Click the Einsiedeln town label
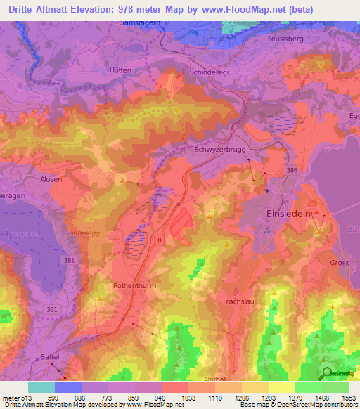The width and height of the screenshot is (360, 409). [287, 214]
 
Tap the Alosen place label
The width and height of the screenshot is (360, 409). [51, 179]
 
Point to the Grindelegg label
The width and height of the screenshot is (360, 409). [79, 232]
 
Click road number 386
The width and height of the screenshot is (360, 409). [290, 170]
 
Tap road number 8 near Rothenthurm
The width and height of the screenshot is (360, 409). [160, 240]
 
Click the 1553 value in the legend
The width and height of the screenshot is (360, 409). [349, 397]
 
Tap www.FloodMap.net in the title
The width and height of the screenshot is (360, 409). [254, 9]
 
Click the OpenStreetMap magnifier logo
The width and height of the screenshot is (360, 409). [327, 373]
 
